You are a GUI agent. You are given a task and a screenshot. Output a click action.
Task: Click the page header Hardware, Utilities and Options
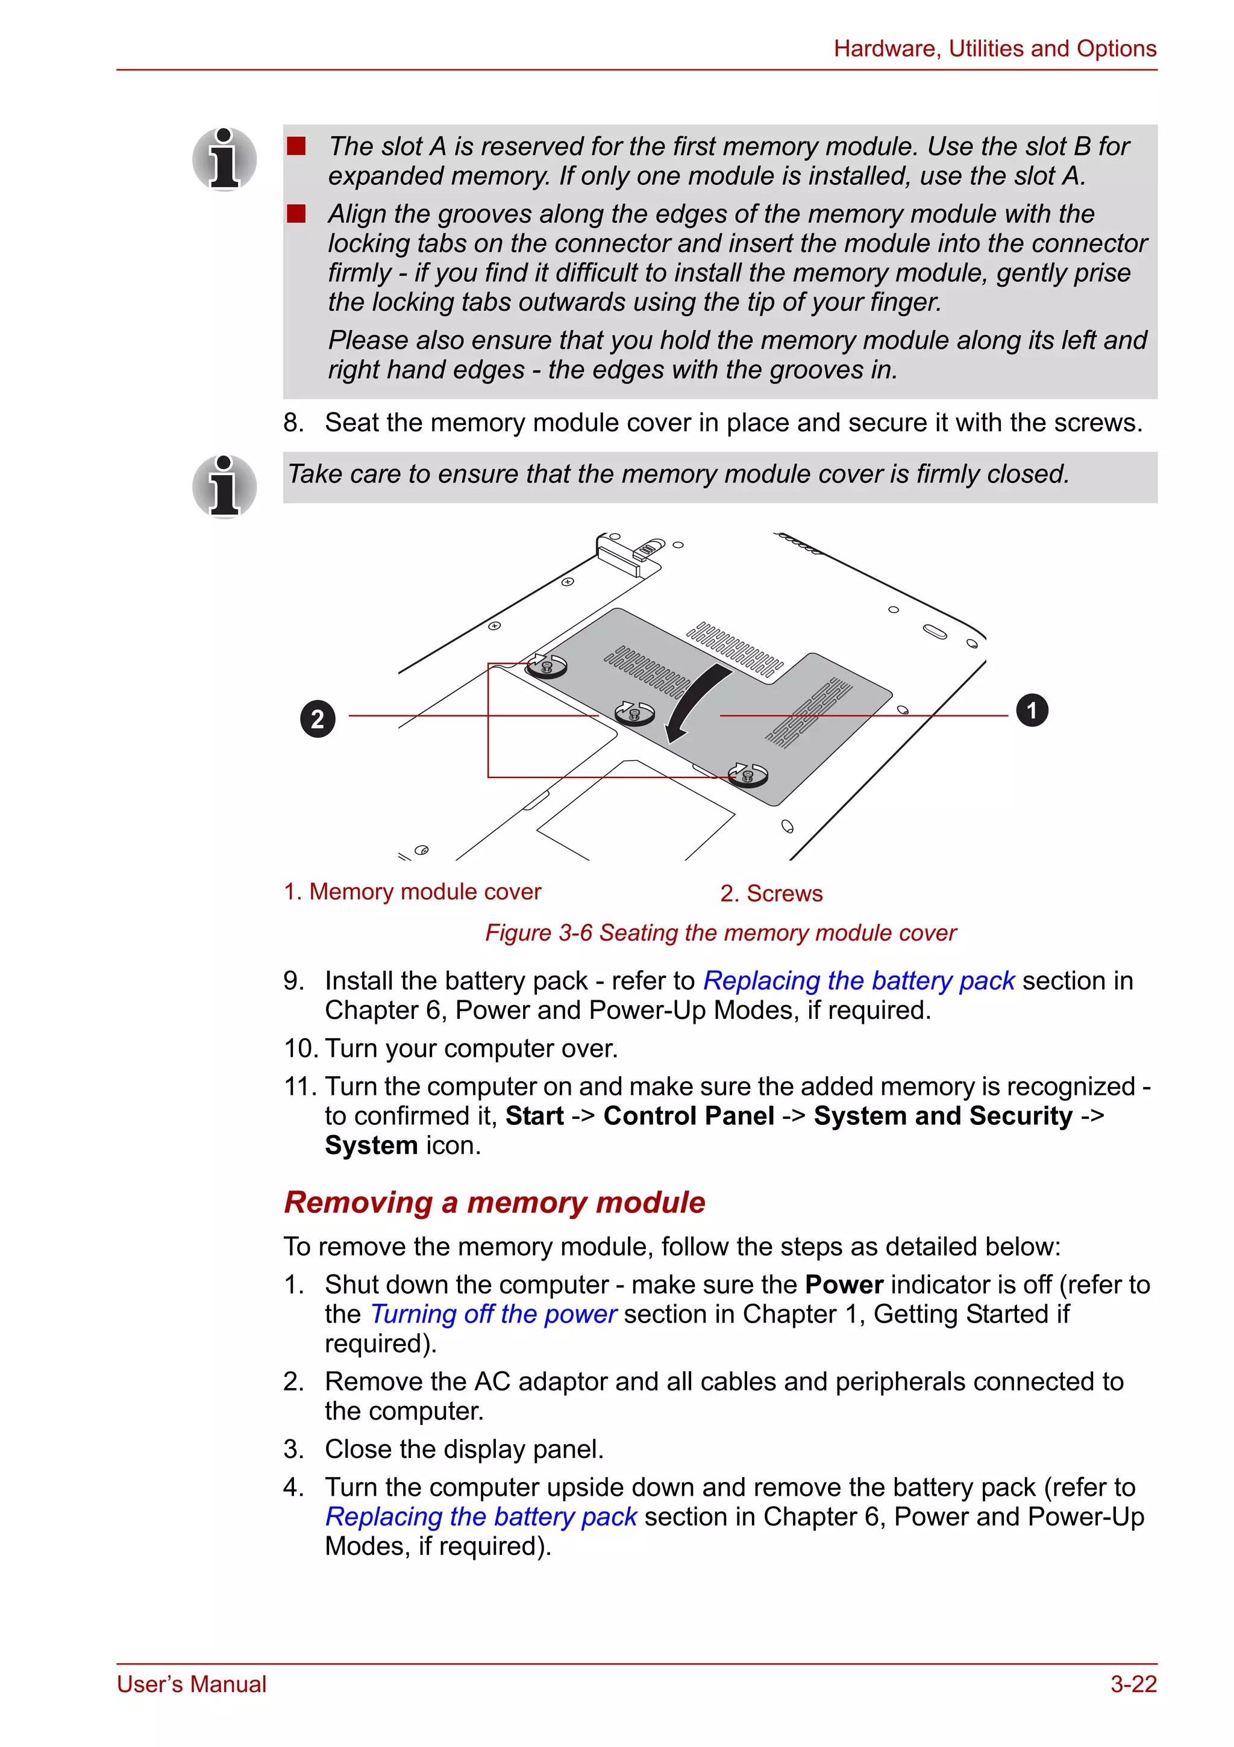(x=994, y=49)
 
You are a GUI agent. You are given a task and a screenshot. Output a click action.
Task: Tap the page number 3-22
(x=1133, y=1684)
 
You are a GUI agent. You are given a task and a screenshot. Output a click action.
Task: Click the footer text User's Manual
(x=192, y=1684)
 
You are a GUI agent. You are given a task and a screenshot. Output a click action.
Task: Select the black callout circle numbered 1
(x=1032, y=711)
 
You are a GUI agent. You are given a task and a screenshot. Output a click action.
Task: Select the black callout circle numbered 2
(x=318, y=718)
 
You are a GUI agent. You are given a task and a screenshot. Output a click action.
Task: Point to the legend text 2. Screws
(x=771, y=893)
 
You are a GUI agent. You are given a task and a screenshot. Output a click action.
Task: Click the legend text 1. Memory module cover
(x=412, y=892)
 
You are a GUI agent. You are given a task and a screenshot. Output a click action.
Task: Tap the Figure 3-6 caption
(x=720, y=933)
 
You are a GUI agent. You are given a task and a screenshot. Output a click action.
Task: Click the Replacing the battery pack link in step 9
(x=859, y=981)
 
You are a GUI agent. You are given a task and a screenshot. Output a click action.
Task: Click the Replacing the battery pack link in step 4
(x=481, y=1516)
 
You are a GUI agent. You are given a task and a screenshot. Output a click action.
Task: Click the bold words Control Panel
(x=688, y=1116)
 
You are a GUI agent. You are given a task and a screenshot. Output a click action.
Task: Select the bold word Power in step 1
(x=844, y=1285)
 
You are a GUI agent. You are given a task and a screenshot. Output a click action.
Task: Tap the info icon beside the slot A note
(x=224, y=160)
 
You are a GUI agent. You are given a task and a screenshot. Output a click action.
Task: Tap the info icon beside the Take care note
(x=224, y=487)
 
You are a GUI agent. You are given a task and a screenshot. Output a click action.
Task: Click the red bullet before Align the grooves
(x=296, y=214)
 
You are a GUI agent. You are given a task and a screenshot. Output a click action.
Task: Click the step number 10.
(x=300, y=1048)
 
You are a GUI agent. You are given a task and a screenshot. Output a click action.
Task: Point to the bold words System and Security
(x=942, y=1116)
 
